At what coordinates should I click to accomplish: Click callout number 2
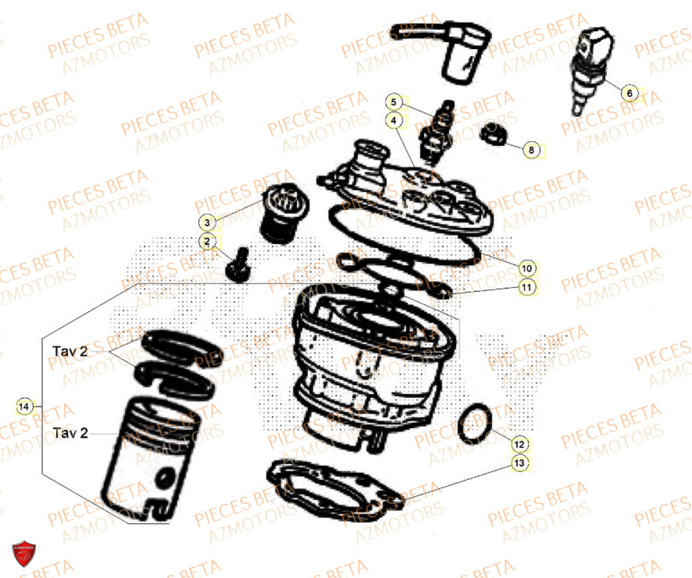pyautogui.click(x=206, y=241)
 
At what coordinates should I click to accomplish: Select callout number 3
pyautogui.click(x=206, y=222)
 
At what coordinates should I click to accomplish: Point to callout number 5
pyautogui.click(x=393, y=102)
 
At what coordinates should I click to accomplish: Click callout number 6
pyautogui.click(x=629, y=93)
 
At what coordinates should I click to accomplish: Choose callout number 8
pyautogui.click(x=531, y=149)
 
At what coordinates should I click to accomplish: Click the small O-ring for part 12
pyautogui.click(x=476, y=423)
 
